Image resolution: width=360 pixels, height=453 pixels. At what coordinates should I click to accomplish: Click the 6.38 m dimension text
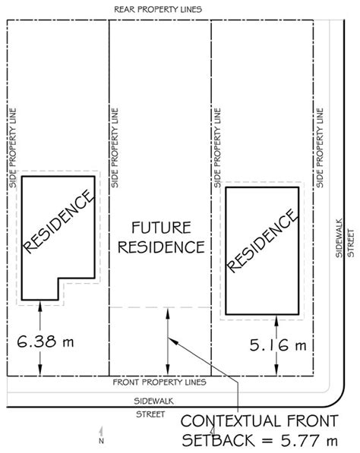46,341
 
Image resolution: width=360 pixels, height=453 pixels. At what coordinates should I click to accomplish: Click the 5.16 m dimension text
278,345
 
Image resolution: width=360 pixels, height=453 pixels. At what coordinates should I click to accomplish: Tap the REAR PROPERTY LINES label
158,10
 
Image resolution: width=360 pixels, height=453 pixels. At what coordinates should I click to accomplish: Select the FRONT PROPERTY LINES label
159,382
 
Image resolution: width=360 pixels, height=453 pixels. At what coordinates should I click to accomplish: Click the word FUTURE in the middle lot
161,228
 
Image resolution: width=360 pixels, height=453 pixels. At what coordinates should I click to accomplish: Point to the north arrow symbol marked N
101,435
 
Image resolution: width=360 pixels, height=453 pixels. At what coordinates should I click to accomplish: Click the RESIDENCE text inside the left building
58,222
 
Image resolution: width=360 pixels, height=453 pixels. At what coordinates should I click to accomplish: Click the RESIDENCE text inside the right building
262,241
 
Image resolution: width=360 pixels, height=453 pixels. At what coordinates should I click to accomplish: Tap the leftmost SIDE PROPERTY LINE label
13,148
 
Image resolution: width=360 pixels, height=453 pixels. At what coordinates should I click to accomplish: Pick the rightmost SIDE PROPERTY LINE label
320,148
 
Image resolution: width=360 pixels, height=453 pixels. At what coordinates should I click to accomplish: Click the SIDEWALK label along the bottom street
153,401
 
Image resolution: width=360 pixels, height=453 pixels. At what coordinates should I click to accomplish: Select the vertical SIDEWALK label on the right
339,238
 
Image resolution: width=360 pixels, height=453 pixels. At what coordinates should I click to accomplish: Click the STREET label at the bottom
150,414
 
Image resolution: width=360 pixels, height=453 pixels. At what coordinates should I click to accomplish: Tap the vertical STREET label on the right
350,243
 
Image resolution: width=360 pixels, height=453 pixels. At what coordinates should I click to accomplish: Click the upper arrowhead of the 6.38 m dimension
40,306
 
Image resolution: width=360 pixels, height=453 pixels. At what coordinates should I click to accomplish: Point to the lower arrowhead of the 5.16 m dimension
276,370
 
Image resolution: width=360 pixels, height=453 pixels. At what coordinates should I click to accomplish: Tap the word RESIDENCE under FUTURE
161,247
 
